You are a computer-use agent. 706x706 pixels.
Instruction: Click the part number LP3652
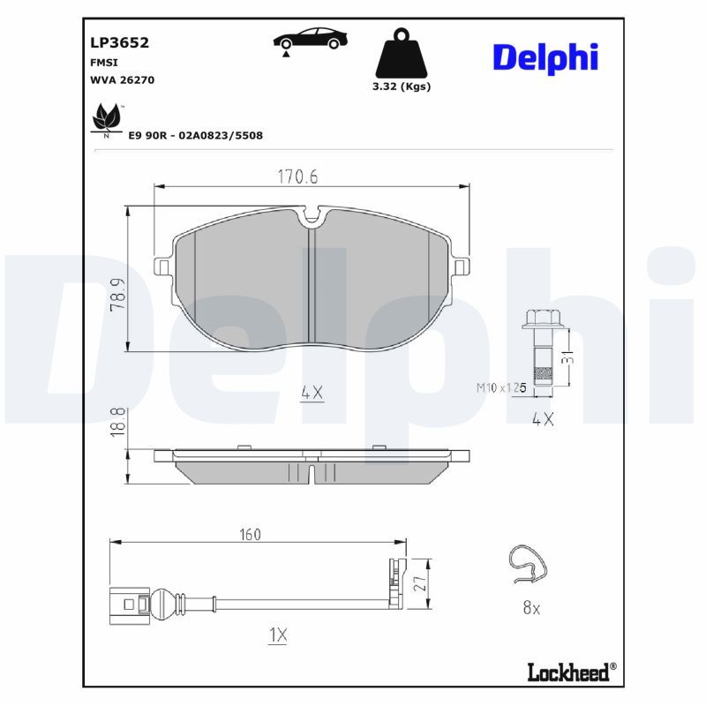pos(119,42)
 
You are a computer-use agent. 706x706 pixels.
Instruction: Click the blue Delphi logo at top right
pos(545,58)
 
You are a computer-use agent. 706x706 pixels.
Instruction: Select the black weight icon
pos(402,53)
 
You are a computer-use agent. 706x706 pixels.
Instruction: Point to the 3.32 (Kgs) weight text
pos(402,86)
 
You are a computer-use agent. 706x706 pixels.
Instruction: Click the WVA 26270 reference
pos(122,80)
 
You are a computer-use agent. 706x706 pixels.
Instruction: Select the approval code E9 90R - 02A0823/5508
pos(195,136)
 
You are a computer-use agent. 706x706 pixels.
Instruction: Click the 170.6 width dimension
pos(297,176)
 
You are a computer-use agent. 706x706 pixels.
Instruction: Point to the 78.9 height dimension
pos(118,295)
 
